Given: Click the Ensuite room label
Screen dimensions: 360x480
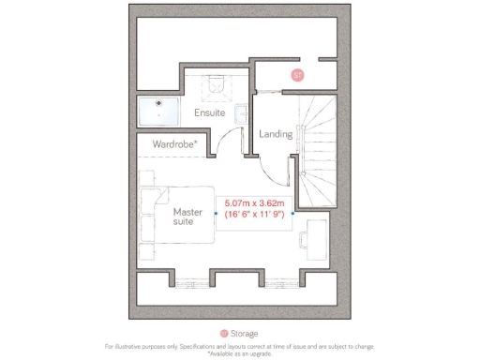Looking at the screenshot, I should [x=209, y=113].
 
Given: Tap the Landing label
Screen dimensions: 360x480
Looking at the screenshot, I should [x=276, y=134].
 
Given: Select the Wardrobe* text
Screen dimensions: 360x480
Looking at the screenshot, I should [x=175, y=144].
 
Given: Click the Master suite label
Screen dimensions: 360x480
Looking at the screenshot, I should [x=187, y=217].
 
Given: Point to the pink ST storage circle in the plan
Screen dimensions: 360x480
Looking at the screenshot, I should [x=297, y=74].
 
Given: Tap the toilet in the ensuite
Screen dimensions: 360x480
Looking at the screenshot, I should [x=217, y=85].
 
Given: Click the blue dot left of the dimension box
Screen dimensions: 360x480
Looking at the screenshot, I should [x=216, y=213].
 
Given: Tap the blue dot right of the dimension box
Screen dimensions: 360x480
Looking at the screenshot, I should [x=292, y=213].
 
